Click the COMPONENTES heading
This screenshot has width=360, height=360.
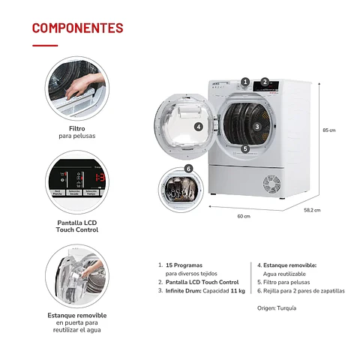77,28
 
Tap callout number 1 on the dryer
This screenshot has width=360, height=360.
245,81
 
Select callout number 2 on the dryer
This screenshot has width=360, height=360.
265,82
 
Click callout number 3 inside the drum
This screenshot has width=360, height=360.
256,127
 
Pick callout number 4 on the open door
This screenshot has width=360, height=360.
198,127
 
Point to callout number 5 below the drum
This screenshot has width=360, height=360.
245,148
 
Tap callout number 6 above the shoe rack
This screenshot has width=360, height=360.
188,169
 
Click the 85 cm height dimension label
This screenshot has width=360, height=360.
328,130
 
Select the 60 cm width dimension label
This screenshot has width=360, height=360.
243,216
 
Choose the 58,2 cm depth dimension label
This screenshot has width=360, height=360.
312,210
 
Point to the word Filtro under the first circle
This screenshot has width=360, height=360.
76,128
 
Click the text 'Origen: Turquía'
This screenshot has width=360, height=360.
277,307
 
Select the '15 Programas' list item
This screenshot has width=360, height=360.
183,265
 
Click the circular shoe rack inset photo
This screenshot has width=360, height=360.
181,187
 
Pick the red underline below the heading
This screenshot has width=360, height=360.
44,45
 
